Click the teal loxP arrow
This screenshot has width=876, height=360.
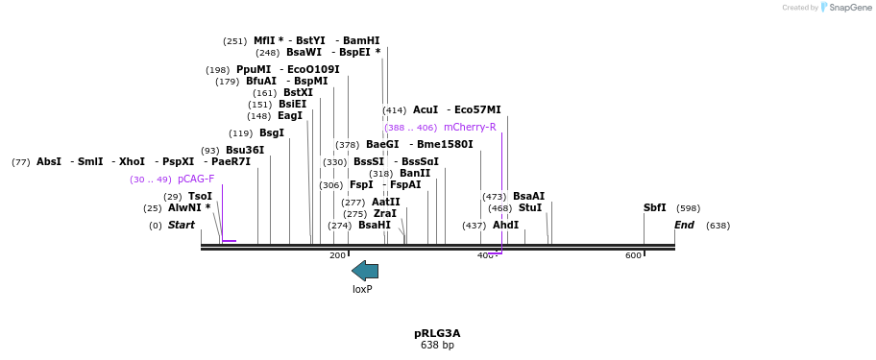point(365,271)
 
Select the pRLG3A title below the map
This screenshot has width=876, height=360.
point(437,333)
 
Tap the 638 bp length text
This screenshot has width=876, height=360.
point(437,346)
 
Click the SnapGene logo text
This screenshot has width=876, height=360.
point(849,8)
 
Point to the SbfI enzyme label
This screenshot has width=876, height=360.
point(655,207)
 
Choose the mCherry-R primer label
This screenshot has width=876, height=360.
point(470,127)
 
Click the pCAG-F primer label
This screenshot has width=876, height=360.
point(196,179)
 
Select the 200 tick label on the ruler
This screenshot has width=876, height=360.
point(337,255)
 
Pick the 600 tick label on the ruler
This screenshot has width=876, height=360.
point(633,255)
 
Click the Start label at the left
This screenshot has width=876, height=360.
point(181,225)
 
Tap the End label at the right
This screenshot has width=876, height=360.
point(684,225)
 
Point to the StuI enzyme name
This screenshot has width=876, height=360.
point(530,207)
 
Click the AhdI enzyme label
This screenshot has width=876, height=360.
point(505,225)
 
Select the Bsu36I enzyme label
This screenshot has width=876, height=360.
point(245,150)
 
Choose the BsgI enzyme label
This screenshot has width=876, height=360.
point(272,132)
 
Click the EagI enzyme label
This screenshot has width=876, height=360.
point(290,115)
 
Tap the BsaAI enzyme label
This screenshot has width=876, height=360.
point(528,196)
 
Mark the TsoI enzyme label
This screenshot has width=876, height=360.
point(201,196)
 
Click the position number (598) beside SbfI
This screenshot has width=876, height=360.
point(688,207)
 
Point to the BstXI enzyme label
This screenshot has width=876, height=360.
point(299,92)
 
